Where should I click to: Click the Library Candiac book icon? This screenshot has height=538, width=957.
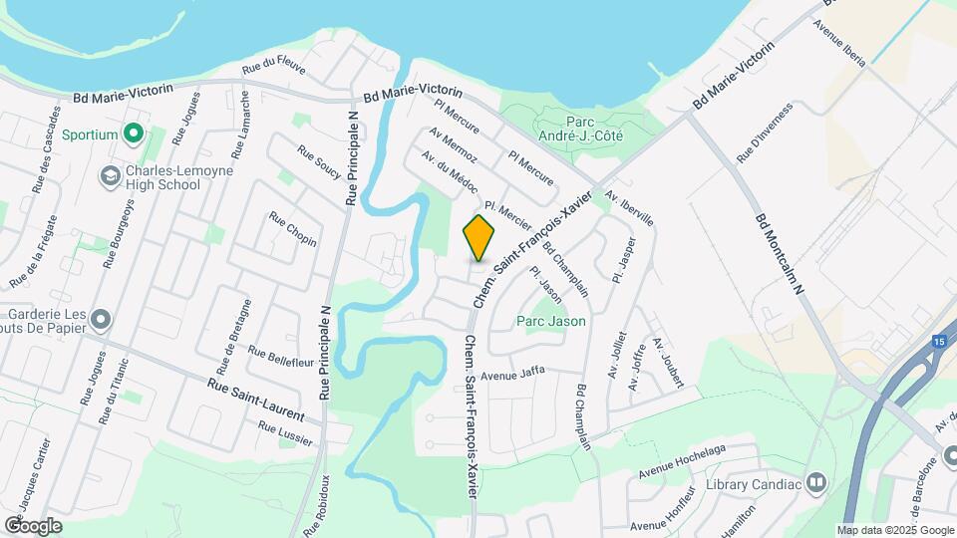[x=817, y=484]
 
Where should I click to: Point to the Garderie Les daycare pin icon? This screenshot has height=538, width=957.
[x=100, y=320]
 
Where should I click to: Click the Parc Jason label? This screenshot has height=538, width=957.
[x=550, y=322]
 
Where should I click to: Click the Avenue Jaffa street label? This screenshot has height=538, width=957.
[x=512, y=375]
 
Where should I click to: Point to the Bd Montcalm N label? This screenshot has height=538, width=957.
[x=786, y=258]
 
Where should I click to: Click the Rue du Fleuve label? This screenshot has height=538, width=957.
[x=273, y=66]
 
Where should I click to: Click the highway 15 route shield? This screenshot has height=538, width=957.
[x=939, y=342]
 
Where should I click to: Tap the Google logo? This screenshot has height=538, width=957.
[x=32, y=525]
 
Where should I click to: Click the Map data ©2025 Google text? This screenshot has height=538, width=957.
[x=895, y=530]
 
